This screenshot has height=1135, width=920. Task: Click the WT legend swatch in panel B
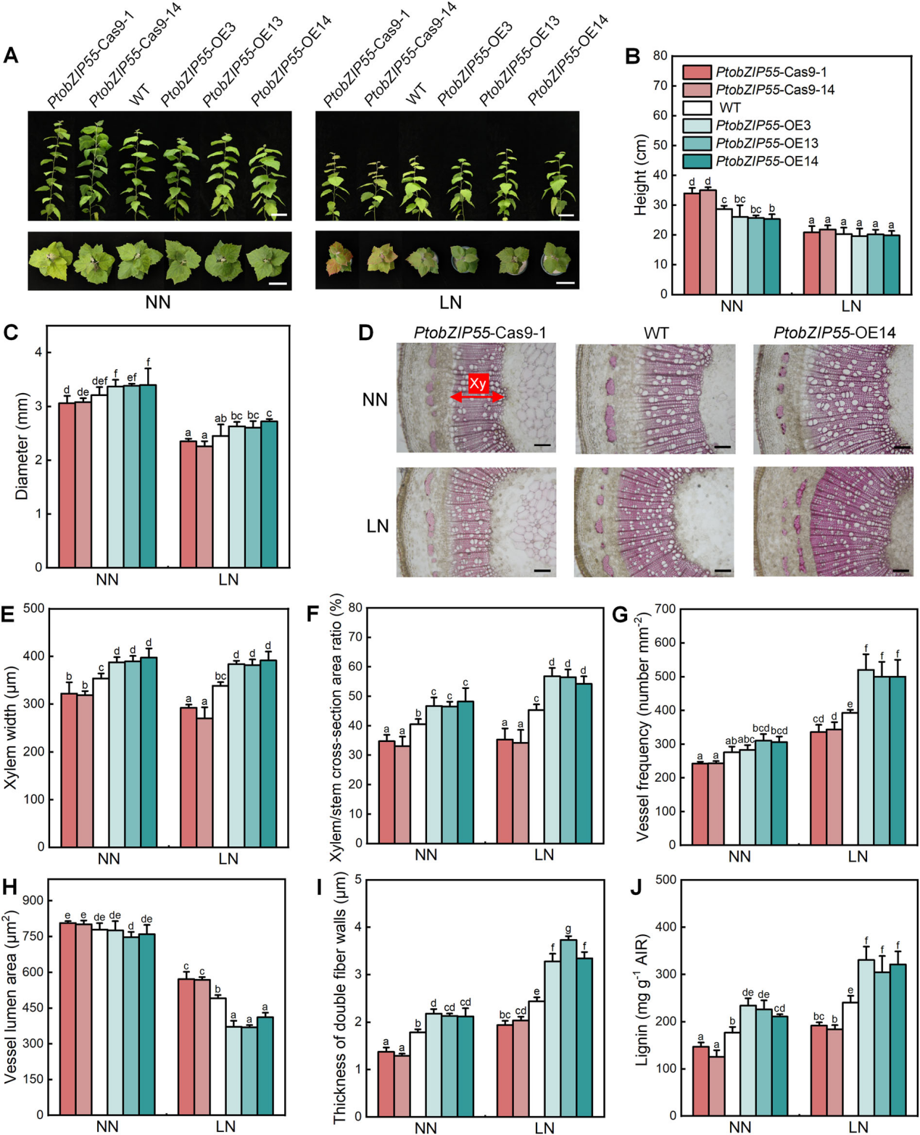[696, 107]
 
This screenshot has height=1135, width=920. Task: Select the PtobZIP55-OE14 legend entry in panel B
[766, 161]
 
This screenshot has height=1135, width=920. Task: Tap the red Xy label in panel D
[478, 384]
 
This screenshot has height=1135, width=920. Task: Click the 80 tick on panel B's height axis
[659, 56]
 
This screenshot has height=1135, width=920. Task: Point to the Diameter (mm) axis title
[22, 446]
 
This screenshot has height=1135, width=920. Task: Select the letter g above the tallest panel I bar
[568, 929]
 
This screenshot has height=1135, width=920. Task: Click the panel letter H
[10, 887]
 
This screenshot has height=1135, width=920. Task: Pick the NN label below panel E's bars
[109, 859]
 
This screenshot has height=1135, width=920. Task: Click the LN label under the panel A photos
[450, 302]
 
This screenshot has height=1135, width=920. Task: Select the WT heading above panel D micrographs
[655, 333]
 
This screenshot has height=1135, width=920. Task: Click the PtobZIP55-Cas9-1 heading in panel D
[479, 333]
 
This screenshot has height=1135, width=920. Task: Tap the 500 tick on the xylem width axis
[33, 608]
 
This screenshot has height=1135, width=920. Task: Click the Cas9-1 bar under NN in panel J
[700, 1081]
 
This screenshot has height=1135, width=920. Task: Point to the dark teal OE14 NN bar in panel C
[148, 476]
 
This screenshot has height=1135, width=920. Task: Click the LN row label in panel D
[377, 526]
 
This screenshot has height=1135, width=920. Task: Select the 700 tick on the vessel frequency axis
[666, 608]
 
